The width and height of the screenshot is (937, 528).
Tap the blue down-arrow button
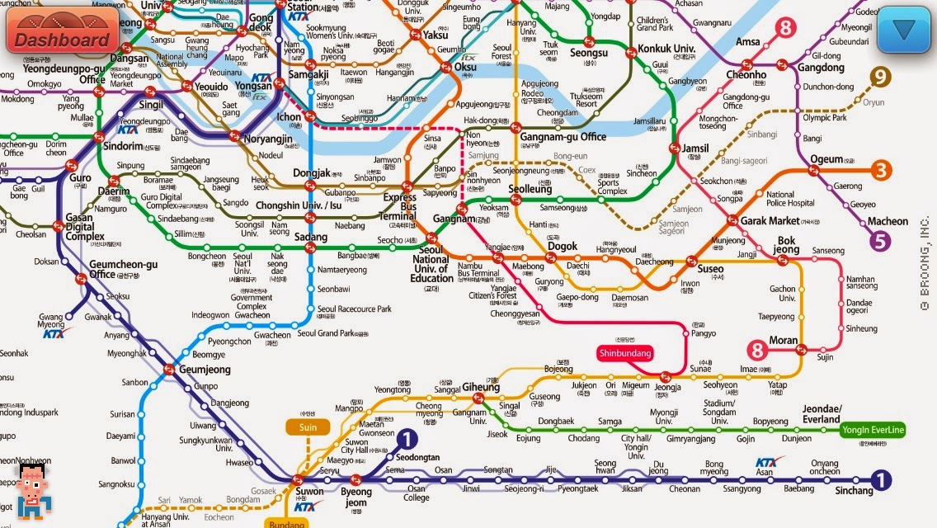pyautogui.click(x=904, y=31)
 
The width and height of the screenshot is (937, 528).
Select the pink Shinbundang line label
pyautogui.click(x=624, y=353)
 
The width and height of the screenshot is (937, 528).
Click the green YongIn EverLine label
pyautogui.click(x=873, y=430)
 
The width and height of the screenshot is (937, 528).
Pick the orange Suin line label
pyautogui.click(x=308, y=427)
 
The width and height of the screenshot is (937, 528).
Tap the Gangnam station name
pyautogui.click(x=454, y=220)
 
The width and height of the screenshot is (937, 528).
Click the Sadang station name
pyautogui.click(x=310, y=238)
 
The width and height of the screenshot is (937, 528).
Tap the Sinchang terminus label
pyautogui.click(x=853, y=491)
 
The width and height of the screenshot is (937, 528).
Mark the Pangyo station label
pyautogui.click(x=703, y=333)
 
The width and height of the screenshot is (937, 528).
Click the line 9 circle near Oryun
pyautogui.click(x=881, y=78)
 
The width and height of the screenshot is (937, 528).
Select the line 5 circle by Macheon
pyautogui.click(x=880, y=241)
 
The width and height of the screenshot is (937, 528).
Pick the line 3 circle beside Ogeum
pyautogui.click(x=882, y=171)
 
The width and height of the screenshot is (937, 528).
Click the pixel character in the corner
pyautogui.click(x=31, y=489)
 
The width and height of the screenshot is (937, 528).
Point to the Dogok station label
pyautogui.click(x=563, y=247)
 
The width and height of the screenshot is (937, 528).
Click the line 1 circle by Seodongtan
pyautogui.click(x=407, y=441)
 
